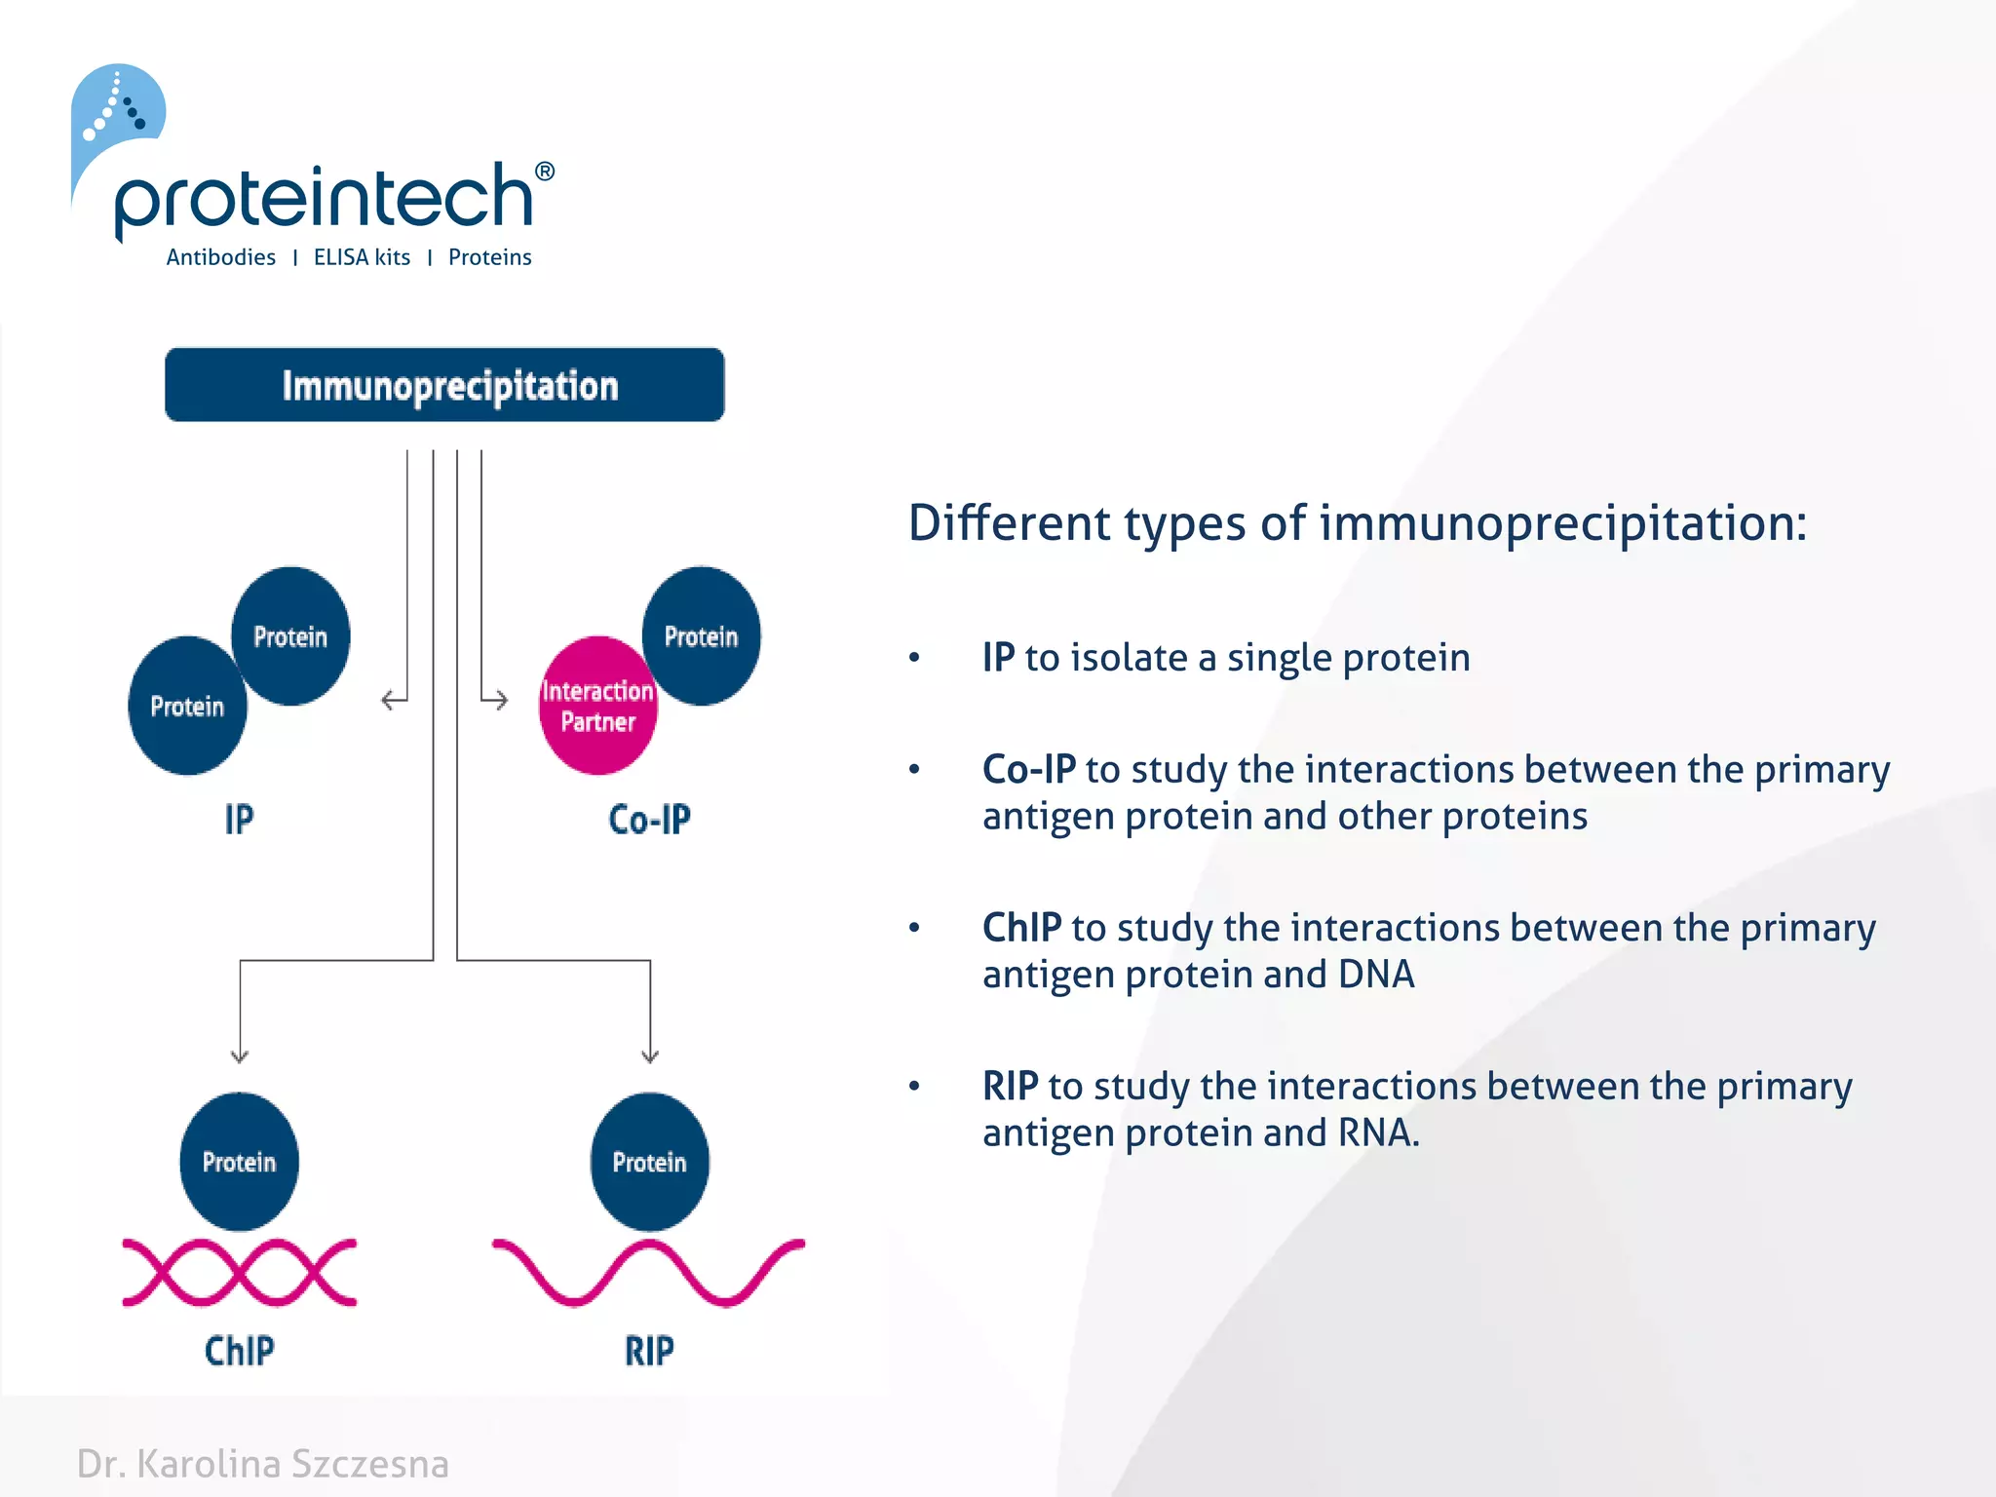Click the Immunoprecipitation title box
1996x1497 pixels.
(x=444, y=385)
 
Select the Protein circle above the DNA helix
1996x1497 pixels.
(x=239, y=1161)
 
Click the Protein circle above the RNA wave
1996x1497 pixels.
(x=649, y=1161)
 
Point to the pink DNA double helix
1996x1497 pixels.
(x=239, y=1272)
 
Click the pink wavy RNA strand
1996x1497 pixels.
(x=649, y=1272)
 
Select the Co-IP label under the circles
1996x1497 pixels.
(x=649, y=820)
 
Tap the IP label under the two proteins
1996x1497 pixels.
(x=239, y=820)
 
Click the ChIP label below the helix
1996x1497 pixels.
(x=239, y=1351)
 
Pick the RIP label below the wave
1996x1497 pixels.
(x=649, y=1351)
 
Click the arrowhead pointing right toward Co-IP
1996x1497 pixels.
(x=501, y=700)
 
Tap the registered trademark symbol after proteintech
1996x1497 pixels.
(x=545, y=172)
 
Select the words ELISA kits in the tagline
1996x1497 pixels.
(x=362, y=257)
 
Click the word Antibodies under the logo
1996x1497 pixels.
(x=220, y=257)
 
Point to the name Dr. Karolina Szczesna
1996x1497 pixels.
(x=263, y=1464)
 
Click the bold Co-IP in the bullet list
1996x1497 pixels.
(x=1028, y=770)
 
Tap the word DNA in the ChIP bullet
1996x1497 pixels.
(x=1375, y=975)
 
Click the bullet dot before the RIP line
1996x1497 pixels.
(x=914, y=1086)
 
